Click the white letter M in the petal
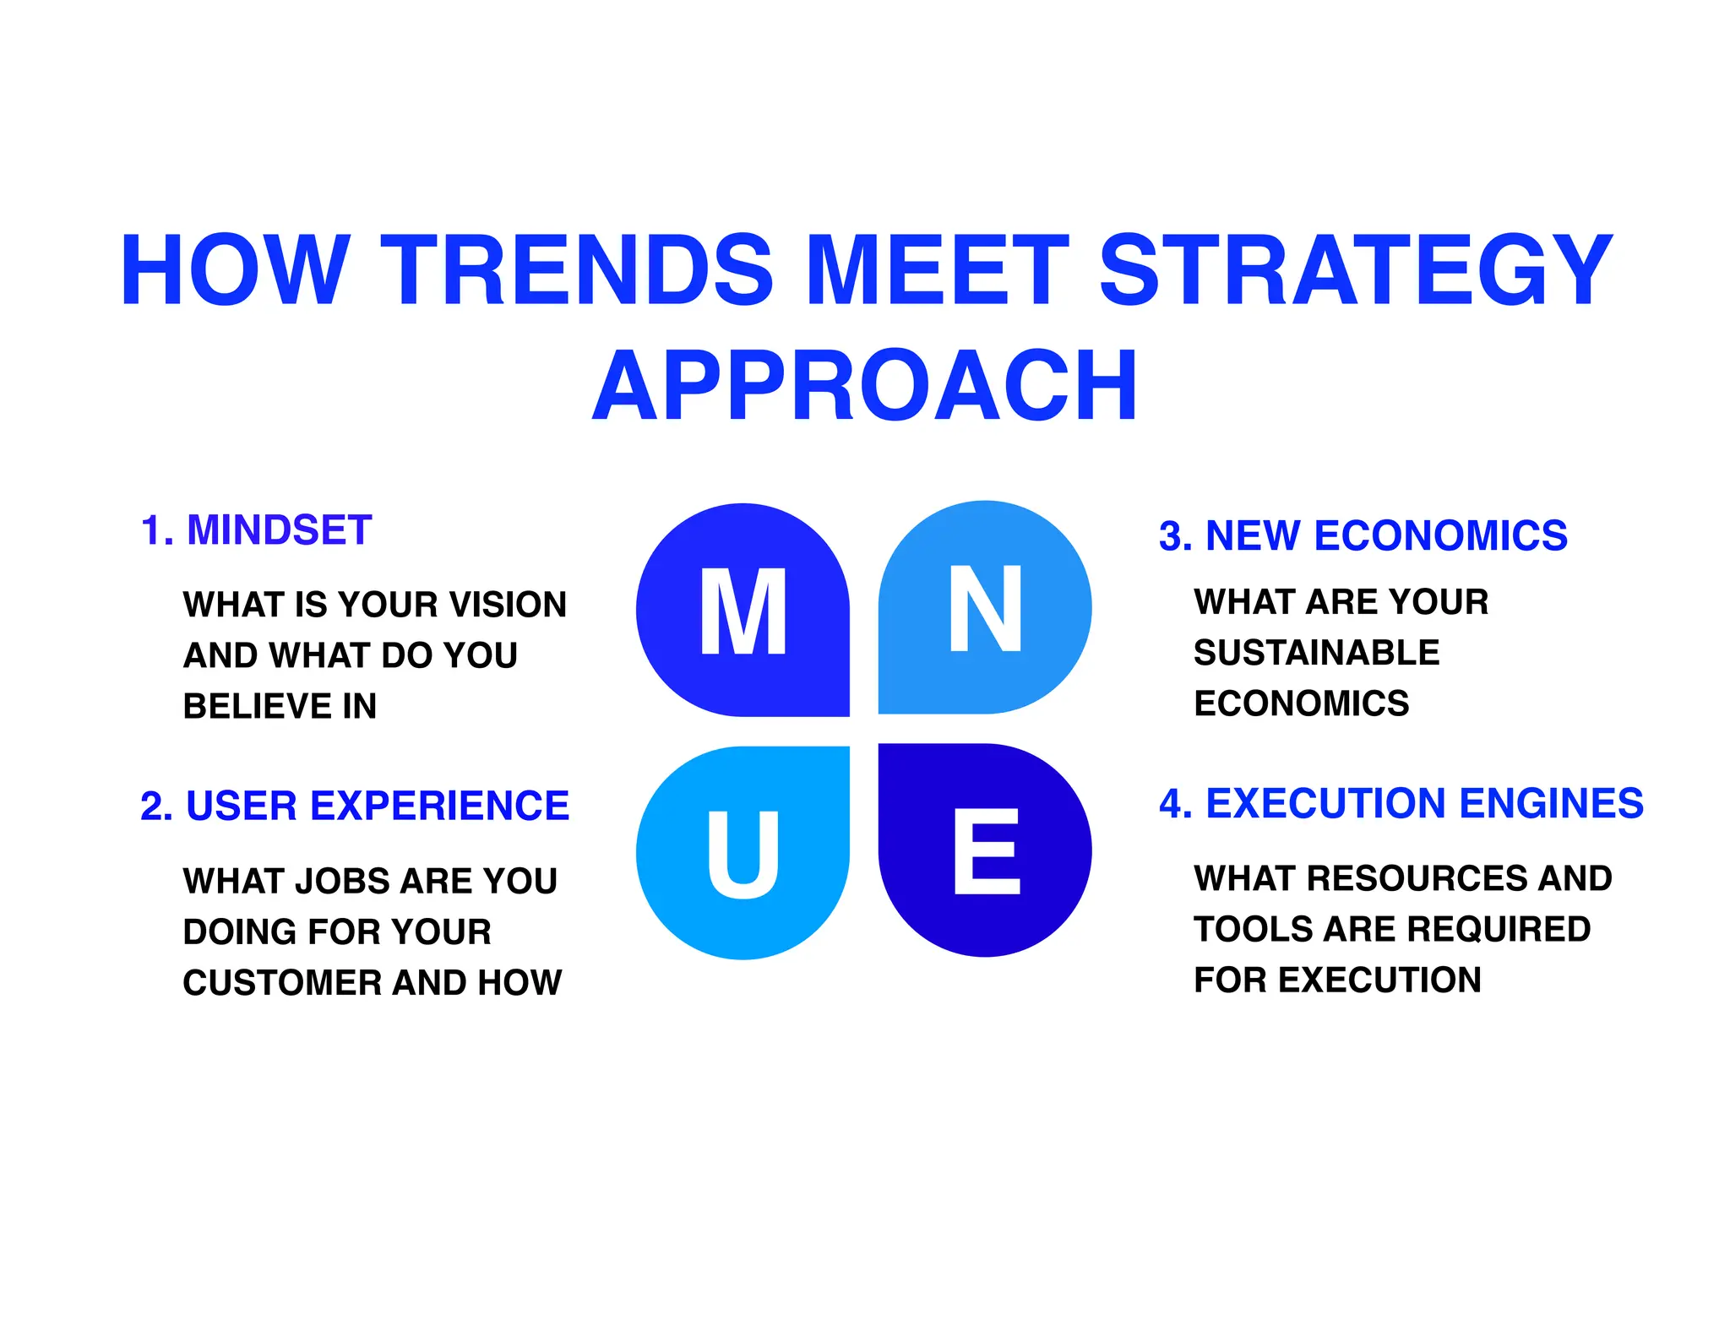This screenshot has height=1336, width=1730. [743, 611]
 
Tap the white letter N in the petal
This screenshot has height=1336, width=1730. [986, 608]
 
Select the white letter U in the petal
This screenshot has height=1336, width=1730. [743, 854]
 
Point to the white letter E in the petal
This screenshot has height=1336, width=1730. [987, 851]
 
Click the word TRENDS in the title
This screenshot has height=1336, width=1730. [577, 270]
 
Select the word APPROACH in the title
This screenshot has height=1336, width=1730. [865, 386]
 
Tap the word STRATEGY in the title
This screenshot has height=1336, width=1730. [1356, 270]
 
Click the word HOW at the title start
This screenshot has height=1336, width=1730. [235, 270]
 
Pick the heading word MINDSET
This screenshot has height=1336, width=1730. [279, 530]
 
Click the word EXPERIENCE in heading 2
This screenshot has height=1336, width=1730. [440, 806]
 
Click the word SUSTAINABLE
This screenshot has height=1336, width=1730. [1316, 653]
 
